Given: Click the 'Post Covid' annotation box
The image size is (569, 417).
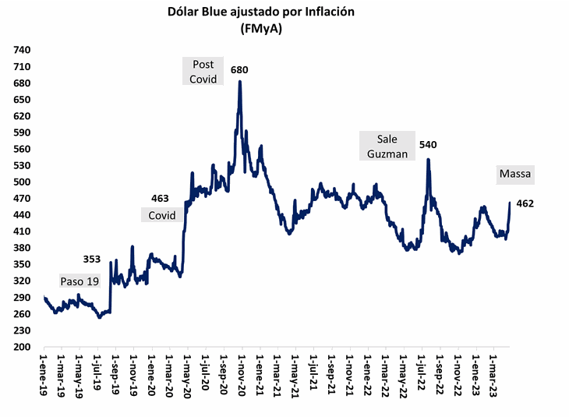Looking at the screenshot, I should [203, 71].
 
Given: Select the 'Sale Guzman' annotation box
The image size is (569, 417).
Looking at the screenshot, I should [387, 146].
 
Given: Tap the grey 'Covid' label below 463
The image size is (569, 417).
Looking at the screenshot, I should [162, 214].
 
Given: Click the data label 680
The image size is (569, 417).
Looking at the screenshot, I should [239, 71].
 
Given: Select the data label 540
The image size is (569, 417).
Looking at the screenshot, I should [428, 144].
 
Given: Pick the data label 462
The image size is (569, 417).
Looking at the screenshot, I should [525, 203].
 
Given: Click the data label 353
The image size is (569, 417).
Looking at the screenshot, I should [94, 258].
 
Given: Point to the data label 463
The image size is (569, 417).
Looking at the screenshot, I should [161, 199].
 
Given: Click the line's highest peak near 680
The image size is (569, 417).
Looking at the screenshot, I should [239, 81].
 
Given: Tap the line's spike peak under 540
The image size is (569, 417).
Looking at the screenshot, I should [428, 160].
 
